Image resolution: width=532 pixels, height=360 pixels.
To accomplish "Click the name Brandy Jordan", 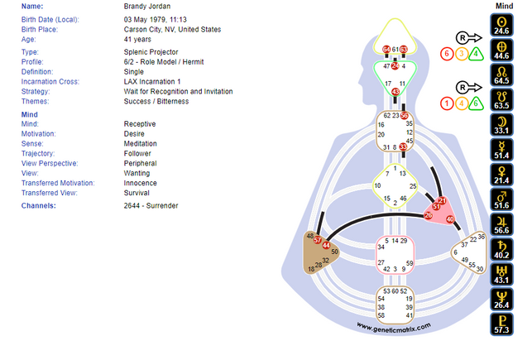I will coord(150,7).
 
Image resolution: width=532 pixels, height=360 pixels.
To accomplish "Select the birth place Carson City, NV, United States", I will coord(172,29).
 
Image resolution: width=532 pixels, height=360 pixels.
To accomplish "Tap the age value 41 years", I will coord(137,39).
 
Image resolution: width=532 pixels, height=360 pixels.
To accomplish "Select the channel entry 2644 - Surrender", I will coord(151,205).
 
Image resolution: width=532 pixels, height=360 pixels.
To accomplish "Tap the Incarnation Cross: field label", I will coord(52,82).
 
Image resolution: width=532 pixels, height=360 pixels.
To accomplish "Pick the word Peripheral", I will coord(142,163).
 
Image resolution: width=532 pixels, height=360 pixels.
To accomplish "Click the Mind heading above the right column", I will coord(504,6).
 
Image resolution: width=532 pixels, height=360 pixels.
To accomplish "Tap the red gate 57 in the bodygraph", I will coord(318,240).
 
